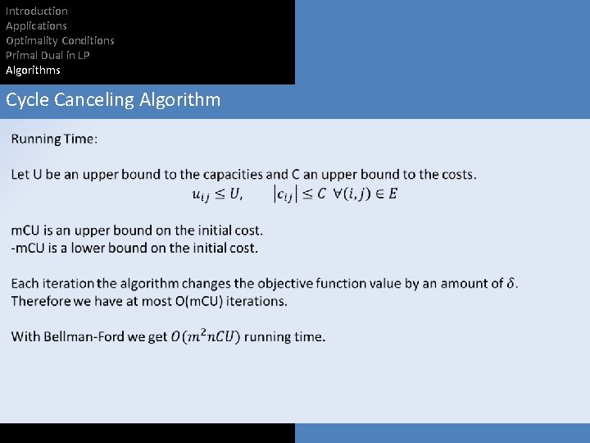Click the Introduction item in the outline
coord(37,11)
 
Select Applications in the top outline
coord(36,25)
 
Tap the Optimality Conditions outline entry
coord(60,40)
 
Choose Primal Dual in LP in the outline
coord(48,55)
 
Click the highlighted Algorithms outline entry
coord(33,70)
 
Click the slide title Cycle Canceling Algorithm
coord(113,100)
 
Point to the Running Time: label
coord(54,139)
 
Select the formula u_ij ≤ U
coord(216,194)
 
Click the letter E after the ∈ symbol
coord(393,194)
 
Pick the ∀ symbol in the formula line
coord(337,194)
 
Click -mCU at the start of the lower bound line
coord(28,248)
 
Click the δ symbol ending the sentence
coord(512,284)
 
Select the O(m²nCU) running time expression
coord(206,336)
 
